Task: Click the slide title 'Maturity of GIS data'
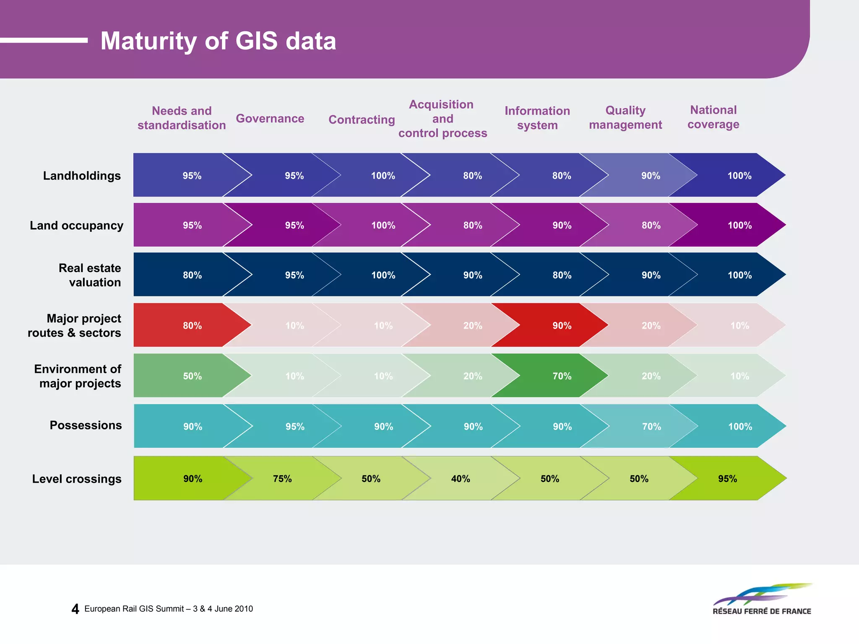pyautogui.click(x=218, y=41)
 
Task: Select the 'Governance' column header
pyautogui.click(x=270, y=119)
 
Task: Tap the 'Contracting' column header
pyautogui.click(x=362, y=120)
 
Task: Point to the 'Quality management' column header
pyautogui.click(x=625, y=117)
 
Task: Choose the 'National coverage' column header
pyautogui.click(x=713, y=117)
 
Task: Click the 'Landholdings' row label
pyautogui.click(x=82, y=176)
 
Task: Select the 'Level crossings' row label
pyautogui.click(x=77, y=479)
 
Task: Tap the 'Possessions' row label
pyautogui.click(x=86, y=425)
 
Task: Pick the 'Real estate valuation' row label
pyautogui.click(x=90, y=275)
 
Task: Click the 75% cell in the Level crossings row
pyautogui.click(x=282, y=479)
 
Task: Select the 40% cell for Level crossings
pyautogui.click(x=461, y=479)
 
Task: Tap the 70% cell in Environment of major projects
pyautogui.click(x=562, y=376)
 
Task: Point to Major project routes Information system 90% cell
pyautogui.click(x=562, y=325)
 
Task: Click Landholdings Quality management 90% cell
pyautogui.click(x=651, y=176)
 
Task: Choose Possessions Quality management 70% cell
pyautogui.click(x=651, y=426)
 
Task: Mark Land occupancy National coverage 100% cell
pyautogui.click(x=739, y=225)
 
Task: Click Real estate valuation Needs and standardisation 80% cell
pyautogui.click(x=192, y=275)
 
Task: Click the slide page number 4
pyautogui.click(x=75, y=609)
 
